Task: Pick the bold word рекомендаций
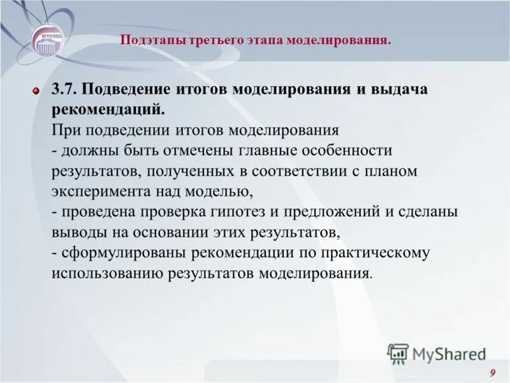[x=109, y=110]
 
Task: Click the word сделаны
[x=428, y=212]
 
